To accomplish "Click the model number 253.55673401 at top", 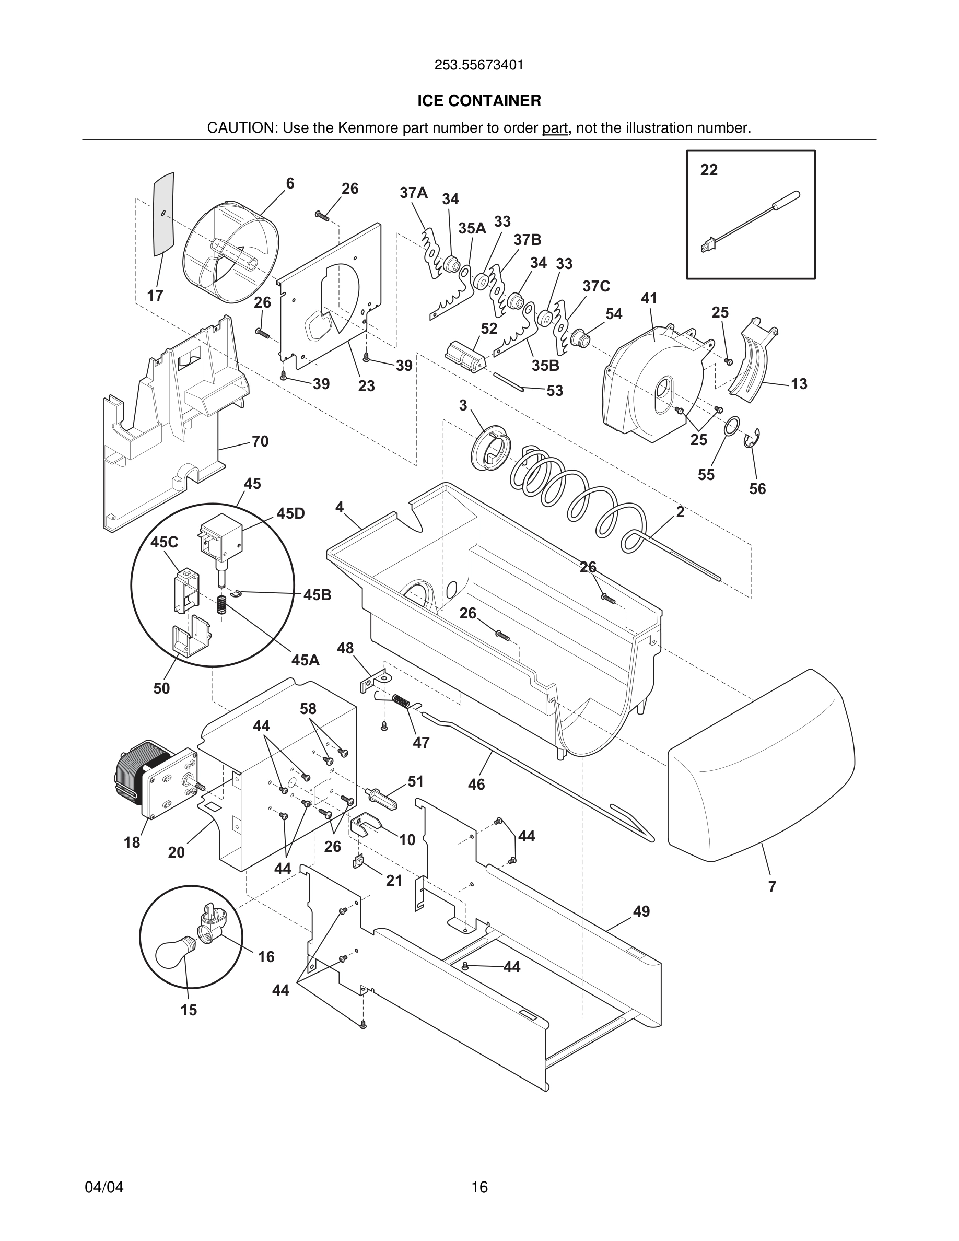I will [479, 65].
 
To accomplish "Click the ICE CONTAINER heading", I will [479, 101].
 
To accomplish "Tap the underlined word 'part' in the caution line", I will [555, 128].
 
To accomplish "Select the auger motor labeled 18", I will [154, 778].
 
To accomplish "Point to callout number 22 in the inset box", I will [708, 170].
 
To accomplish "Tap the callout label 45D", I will [290, 513].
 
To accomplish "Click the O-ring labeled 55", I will [732, 426].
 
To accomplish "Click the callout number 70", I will [260, 441].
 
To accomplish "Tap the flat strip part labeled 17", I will [163, 213].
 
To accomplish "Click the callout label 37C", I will [596, 286].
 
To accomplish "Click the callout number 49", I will [641, 911].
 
